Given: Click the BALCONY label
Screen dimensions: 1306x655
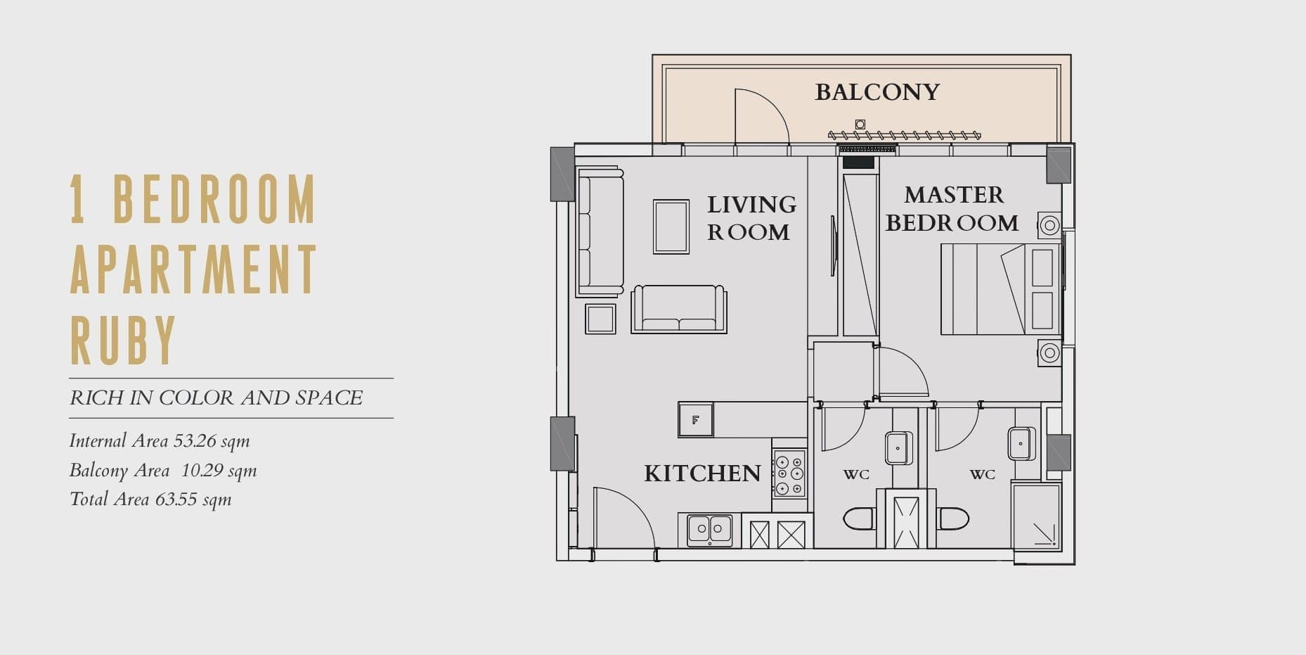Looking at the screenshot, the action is [877, 92].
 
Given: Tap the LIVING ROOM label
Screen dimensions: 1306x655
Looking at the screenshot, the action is [751, 218].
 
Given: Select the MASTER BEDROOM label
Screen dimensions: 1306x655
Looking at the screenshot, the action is [952, 208].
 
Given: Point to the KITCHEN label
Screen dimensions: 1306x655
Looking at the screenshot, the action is [702, 473].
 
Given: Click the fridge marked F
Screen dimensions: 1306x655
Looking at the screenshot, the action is [695, 420].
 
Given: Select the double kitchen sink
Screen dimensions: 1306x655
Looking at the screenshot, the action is [709, 530].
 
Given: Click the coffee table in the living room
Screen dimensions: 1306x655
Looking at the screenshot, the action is [671, 227].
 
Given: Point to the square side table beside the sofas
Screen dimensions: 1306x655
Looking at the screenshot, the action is [600, 319].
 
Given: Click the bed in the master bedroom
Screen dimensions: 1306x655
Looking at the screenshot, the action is [1000, 289].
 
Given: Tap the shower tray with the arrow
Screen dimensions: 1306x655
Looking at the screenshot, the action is [1036, 516].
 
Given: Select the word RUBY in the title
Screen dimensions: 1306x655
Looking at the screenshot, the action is [123, 340].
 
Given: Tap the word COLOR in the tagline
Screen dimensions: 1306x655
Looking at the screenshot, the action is [196, 398].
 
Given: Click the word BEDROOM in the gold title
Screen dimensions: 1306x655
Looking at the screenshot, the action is [214, 199].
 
